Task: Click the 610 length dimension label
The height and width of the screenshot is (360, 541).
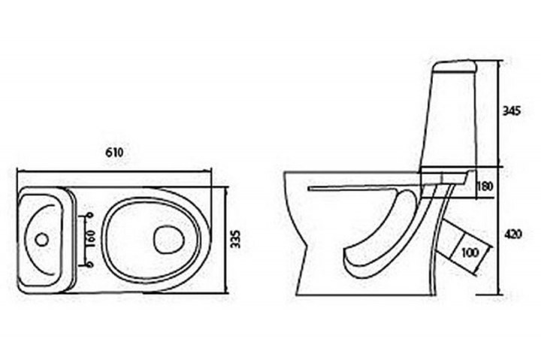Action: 114,153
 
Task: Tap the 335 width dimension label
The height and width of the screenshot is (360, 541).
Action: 236,239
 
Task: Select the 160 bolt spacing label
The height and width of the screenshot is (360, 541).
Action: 91,239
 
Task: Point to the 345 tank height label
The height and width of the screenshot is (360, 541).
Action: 511,110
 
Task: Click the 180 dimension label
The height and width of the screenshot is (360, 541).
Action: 485,186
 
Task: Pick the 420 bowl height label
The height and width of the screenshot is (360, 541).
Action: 513,234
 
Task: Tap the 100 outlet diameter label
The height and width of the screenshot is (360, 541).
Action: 470,253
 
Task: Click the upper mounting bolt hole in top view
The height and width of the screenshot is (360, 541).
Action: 91,216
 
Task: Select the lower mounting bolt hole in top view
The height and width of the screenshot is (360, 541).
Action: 90,265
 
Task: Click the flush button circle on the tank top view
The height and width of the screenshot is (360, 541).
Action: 42,240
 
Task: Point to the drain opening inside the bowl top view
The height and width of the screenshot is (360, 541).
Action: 168,239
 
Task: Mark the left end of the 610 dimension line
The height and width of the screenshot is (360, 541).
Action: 17,171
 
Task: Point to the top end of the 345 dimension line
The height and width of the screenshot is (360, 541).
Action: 499,61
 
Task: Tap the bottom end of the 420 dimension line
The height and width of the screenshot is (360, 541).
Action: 499,295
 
